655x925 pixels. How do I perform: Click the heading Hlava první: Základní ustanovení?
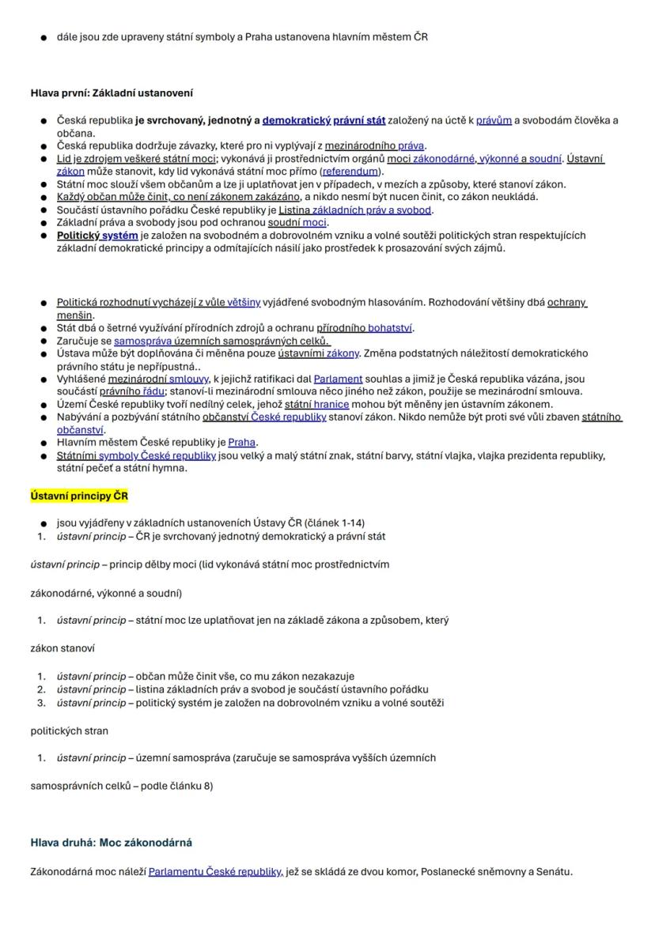[x=112, y=93]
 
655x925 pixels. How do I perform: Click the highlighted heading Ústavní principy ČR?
[x=79, y=496]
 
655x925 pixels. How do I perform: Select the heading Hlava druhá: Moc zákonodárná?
[x=111, y=843]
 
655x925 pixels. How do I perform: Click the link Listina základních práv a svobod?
[x=354, y=210]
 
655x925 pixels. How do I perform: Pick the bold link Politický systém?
[x=97, y=235]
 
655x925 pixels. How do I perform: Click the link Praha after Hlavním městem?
[x=242, y=442]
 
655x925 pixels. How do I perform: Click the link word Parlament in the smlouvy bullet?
[x=338, y=379]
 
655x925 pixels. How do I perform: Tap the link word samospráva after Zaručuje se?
[x=139, y=341]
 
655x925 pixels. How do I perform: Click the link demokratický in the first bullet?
[x=297, y=120]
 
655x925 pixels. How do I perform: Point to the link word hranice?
[x=331, y=404]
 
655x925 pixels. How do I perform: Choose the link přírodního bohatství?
[x=365, y=327]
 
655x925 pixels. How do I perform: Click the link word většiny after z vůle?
[x=244, y=302]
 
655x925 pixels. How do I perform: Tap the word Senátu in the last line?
[x=553, y=872]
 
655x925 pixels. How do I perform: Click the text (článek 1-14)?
[x=335, y=523]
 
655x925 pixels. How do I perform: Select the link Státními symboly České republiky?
[x=136, y=455]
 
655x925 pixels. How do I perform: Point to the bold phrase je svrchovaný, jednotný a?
[x=197, y=120]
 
